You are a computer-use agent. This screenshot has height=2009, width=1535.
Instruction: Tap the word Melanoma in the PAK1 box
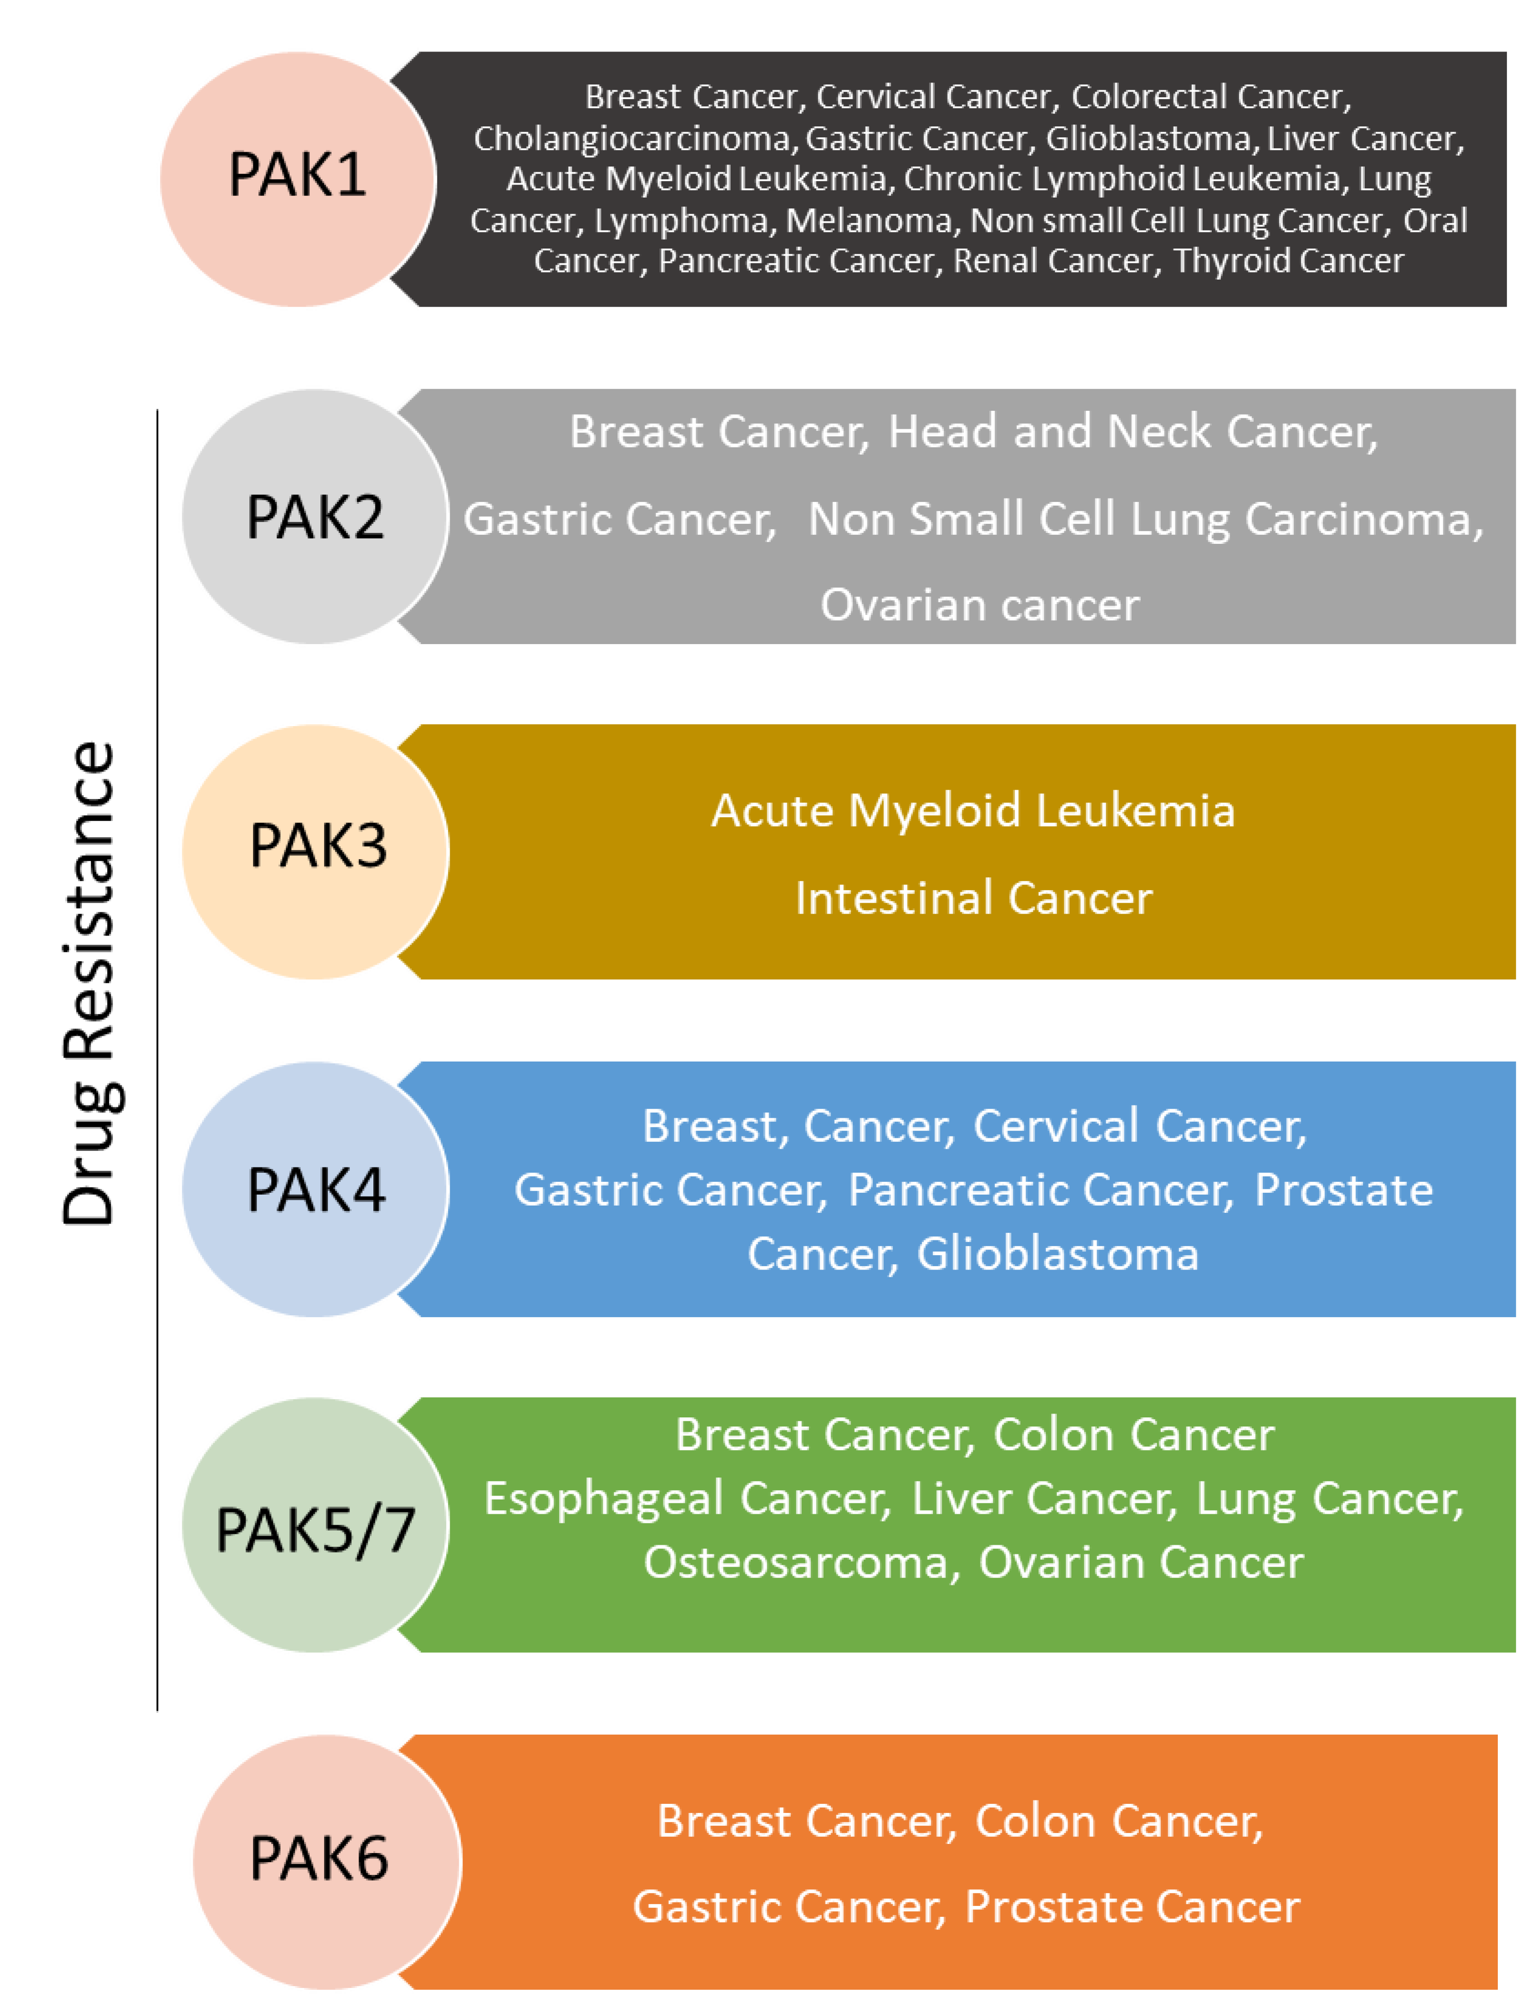pyautogui.click(x=868, y=220)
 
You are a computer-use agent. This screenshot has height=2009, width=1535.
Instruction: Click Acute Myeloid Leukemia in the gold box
pyautogui.click(x=973, y=811)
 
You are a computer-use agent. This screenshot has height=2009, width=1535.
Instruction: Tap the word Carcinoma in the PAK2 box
pyautogui.click(x=1359, y=519)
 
